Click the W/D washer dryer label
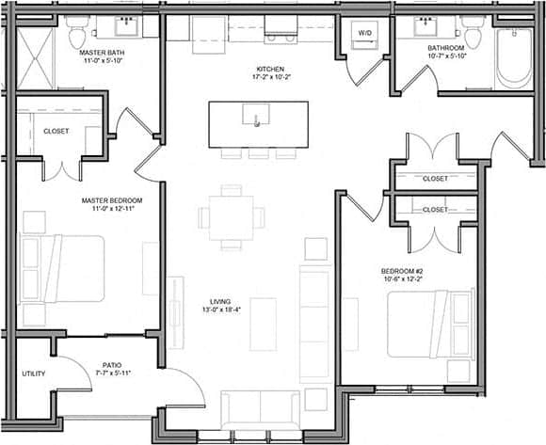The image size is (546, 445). (363, 34)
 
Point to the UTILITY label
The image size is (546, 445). (33, 373)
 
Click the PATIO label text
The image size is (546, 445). (112, 365)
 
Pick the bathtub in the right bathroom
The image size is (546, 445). (514, 57)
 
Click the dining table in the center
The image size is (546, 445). (232, 217)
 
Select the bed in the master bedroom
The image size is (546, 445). (61, 267)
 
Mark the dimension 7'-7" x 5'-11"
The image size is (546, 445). (112, 374)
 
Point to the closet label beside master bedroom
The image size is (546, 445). (56, 131)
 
